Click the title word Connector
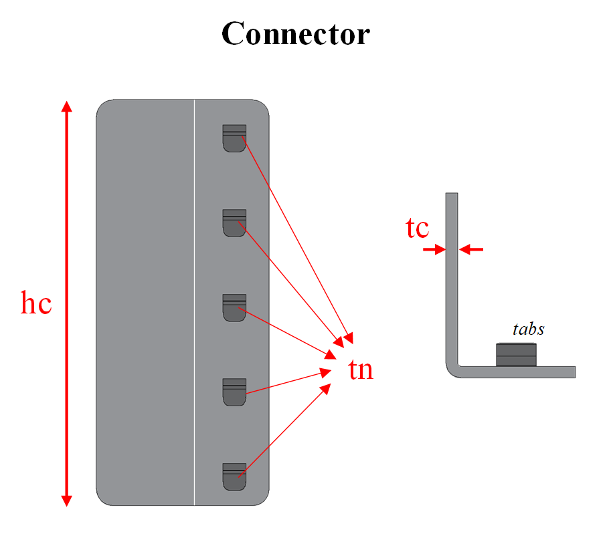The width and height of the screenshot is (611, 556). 295,33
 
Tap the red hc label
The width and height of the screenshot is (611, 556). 36,304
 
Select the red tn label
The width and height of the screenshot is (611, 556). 361,370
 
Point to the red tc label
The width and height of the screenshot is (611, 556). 417,228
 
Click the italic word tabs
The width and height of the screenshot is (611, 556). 528,329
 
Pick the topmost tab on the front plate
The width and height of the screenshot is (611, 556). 234,138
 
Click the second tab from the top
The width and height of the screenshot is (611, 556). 234,223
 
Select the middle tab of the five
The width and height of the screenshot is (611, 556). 234,307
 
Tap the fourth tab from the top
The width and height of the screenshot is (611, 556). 234,392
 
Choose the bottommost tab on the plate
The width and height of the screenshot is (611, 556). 234,476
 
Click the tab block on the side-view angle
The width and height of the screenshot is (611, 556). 516,355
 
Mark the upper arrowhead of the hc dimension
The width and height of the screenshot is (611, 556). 66,107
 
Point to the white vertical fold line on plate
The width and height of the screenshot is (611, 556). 194,301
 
